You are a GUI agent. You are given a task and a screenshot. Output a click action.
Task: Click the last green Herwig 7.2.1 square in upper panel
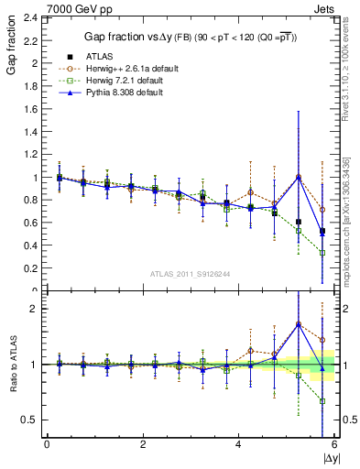[x=322, y=253]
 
